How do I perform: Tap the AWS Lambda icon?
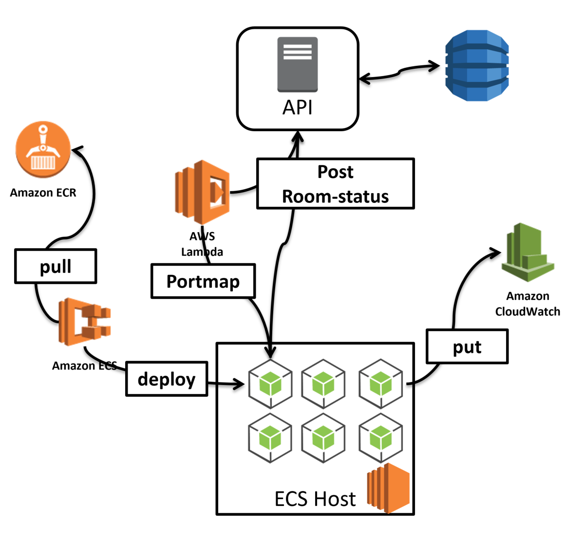[x=202, y=192]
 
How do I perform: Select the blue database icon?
[x=477, y=66]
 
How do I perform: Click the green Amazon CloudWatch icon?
[x=528, y=253]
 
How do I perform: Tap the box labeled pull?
[x=56, y=266]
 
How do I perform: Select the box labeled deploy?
[x=167, y=379]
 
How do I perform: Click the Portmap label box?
[x=203, y=281]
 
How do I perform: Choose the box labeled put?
[x=467, y=347]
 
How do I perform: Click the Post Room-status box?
[x=336, y=184]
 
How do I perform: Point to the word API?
[x=297, y=107]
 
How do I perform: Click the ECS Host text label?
[x=315, y=499]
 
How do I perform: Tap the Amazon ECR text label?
[x=43, y=193]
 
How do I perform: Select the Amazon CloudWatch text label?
[x=528, y=304]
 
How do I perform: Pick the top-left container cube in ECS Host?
[x=270, y=384]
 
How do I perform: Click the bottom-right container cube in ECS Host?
[x=381, y=438]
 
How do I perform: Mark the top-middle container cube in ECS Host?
[x=323, y=384]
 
